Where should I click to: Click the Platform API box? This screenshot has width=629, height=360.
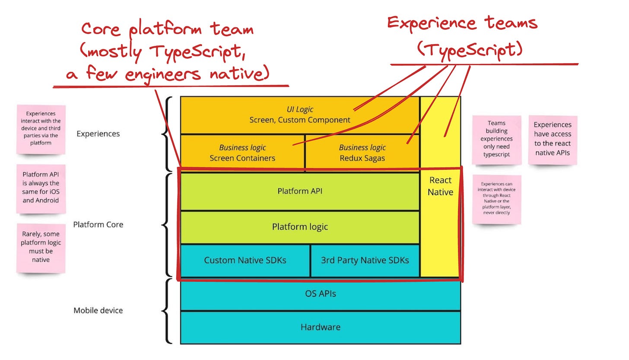tap(300, 191)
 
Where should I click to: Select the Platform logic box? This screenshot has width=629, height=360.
tap(300, 227)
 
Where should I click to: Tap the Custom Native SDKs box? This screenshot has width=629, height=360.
tap(245, 260)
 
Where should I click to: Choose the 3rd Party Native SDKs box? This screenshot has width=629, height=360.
tap(365, 260)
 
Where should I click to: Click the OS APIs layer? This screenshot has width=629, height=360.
tap(320, 294)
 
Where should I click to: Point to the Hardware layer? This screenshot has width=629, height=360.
tap(320, 327)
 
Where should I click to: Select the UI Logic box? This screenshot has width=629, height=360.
tap(300, 115)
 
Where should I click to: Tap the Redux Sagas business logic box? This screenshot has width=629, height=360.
tap(362, 153)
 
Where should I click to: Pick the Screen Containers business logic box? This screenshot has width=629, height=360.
tap(242, 153)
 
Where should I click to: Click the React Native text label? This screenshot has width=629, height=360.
tap(440, 186)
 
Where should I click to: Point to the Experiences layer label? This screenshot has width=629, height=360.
tap(98, 134)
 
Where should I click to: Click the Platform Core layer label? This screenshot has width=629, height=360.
tap(98, 225)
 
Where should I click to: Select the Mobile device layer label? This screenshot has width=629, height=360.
tap(98, 310)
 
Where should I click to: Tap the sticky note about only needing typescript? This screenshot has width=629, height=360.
tap(496, 139)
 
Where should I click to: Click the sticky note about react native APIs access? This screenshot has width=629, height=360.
tap(553, 139)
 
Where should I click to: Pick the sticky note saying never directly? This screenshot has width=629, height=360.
tap(496, 198)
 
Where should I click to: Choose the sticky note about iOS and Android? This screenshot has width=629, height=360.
tap(41, 188)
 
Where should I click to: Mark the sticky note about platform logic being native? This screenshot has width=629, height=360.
tap(41, 247)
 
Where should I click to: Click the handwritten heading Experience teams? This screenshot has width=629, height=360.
tap(462, 22)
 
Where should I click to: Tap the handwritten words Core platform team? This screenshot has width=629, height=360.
tap(167, 30)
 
